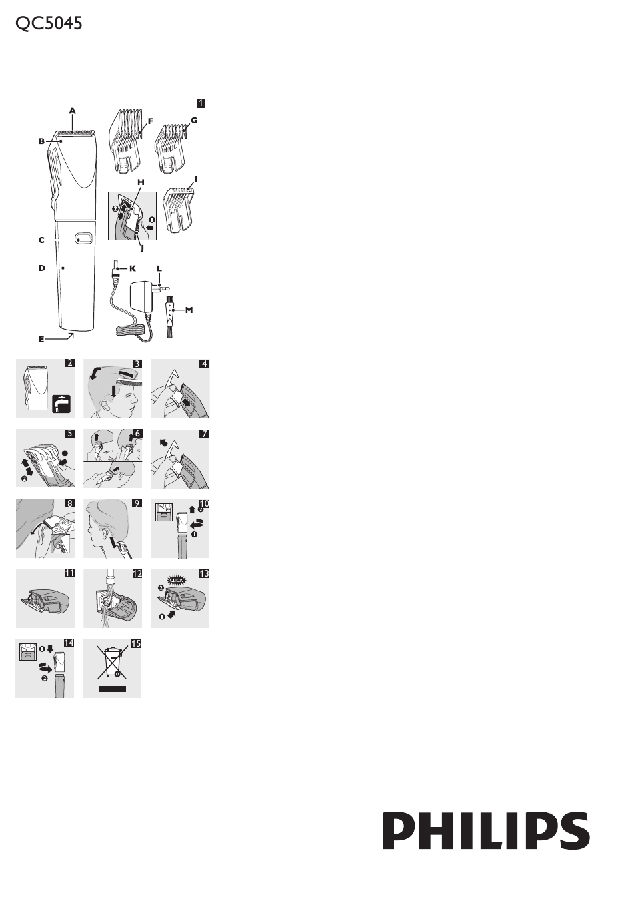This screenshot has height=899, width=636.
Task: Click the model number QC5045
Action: [x=49, y=23]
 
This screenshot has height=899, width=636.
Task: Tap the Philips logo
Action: [x=485, y=830]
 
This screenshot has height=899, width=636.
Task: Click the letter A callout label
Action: [x=72, y=111]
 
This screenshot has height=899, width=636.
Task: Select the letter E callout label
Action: [x=41, y=339]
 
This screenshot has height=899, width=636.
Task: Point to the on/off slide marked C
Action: [x=83, y=238]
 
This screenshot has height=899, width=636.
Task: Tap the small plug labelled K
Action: [x=116, y=268]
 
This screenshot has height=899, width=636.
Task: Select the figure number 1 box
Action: [x=201, y=103]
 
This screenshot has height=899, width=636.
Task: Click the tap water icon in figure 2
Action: [x=61, y=404]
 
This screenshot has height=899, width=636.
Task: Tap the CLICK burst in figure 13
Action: [x=176, y=580]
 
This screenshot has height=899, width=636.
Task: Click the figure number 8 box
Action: [x=69, y=503]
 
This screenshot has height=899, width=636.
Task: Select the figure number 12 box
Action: [x=137, y=573]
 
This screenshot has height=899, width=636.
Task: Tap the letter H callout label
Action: [x=141, y=182]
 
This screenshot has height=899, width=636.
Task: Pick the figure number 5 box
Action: [x=69, y=434]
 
